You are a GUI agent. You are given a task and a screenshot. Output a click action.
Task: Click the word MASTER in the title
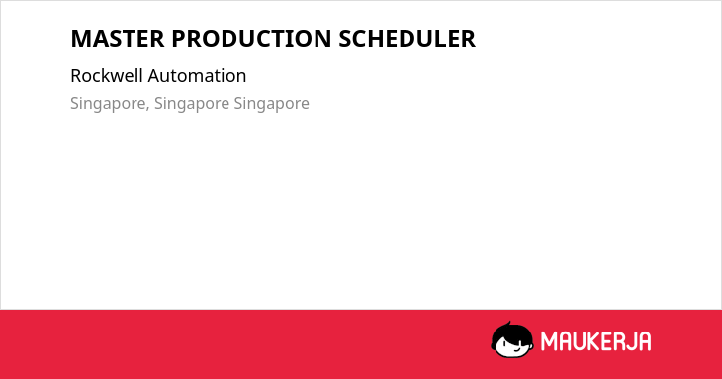tap(118, 39)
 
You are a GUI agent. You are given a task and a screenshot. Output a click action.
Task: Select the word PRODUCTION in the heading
tap(251, 39)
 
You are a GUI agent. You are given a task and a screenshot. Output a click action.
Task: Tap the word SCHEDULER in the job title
tap(407, 39)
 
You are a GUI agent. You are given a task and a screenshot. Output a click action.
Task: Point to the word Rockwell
tap(107, 76)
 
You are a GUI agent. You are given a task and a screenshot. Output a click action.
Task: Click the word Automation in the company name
tap(197, 76)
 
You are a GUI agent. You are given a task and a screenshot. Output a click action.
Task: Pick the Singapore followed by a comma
tap(108, 104)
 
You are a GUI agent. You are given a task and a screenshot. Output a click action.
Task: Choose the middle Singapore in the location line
tap(192, 104)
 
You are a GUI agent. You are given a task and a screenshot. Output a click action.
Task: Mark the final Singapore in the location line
tap(272, 104)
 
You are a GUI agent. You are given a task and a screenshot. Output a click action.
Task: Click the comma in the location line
tap(147, 109)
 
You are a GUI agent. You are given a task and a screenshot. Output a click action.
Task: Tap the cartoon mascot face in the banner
tap(512, 340)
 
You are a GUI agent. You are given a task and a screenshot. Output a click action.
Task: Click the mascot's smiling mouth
tap(517, 349)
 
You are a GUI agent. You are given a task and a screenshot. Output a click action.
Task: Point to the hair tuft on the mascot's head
tap(508, 324)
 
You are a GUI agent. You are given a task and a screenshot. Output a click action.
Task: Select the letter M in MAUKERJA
tap(549, 341)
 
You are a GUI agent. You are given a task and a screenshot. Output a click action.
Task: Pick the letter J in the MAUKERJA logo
tap(633, 341)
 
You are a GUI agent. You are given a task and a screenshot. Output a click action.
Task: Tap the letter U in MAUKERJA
tap(581, 341)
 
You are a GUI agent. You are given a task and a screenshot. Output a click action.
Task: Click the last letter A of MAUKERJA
tap(645, 341)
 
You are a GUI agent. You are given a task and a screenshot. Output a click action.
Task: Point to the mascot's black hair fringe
tap(511, 332)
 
